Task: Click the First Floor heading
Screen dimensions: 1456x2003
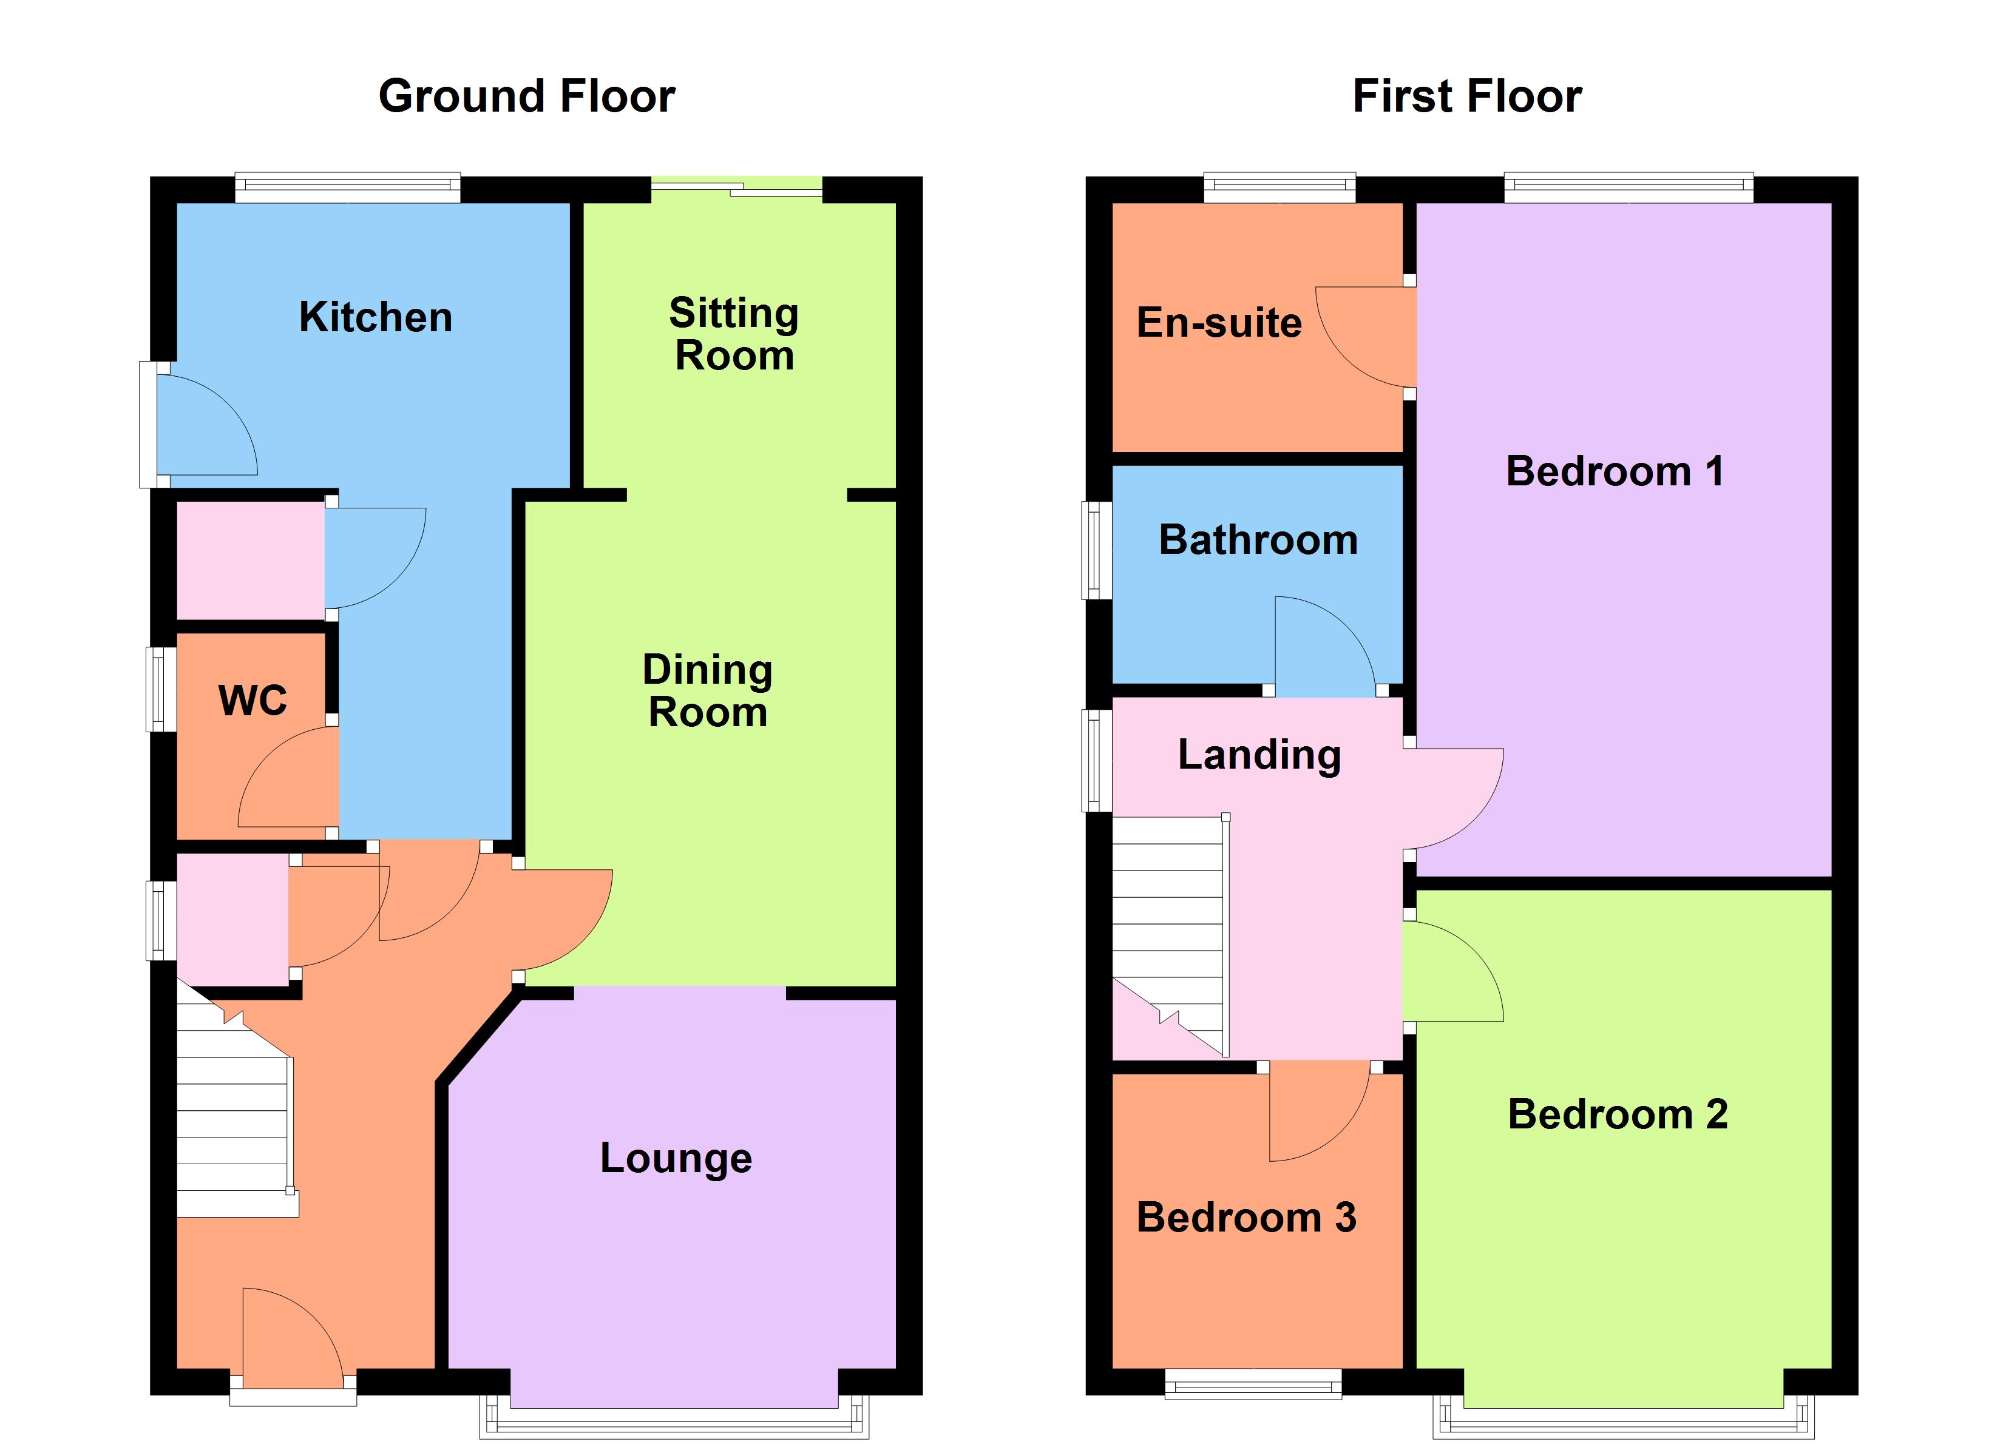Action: (1467, 96)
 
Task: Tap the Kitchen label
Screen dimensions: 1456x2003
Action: (375, 317)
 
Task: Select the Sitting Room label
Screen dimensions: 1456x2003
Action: (734, 334)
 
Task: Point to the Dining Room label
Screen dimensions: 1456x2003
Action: (707, 690)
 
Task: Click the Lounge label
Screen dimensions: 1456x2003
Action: (676, 1158)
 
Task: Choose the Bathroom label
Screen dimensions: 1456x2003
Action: (1258, 539)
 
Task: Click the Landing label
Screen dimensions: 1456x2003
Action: (1259, 754)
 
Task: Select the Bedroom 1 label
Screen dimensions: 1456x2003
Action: (1615, 471)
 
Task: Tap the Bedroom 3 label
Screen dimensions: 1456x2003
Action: (1246, 1217)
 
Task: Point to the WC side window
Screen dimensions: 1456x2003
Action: (161, 690)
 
